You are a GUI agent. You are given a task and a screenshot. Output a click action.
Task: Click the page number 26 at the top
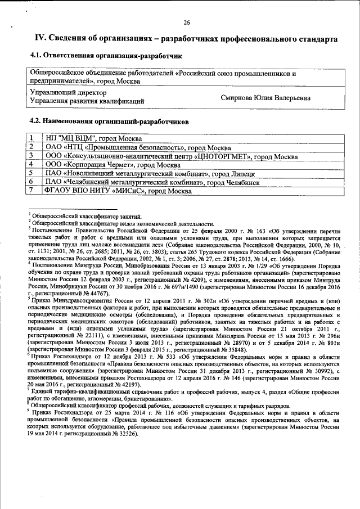[187, 23]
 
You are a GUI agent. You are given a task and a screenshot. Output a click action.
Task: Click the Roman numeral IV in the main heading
[41, 38]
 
